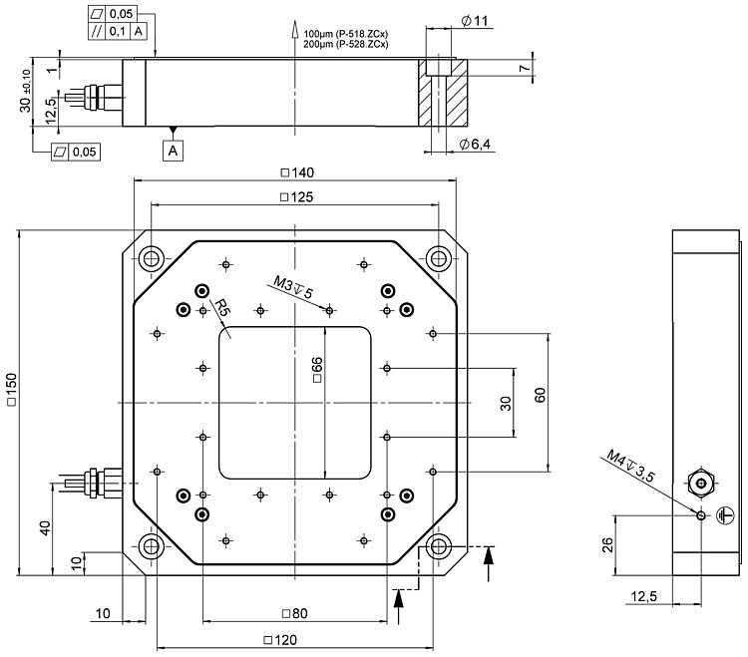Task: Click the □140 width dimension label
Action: coord(295,172)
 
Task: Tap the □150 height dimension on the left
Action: coord(11,392)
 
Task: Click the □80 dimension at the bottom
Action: coord(293,613)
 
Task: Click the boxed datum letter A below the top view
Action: coord(174,151)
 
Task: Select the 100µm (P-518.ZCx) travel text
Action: coord(345,35)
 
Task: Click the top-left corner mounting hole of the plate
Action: coord(151,258)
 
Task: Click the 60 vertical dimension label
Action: coord(540,397)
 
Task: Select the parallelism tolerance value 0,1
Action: coord(116,32)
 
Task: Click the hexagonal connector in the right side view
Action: coord(703,484)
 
